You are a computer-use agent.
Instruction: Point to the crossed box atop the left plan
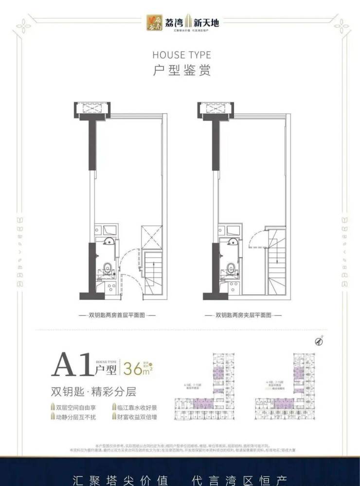(x=91, y=109)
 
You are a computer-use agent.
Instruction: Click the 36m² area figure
(x=137, y=368)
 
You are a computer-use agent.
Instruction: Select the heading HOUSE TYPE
(x=181, y=54)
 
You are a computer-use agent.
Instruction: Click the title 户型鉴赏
(x=181, y=71)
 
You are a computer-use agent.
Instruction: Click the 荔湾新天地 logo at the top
(x=181, y=22)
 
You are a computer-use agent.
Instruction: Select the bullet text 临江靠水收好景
(x=138, y=407)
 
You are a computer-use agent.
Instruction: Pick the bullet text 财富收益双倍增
(x=138, y=417)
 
